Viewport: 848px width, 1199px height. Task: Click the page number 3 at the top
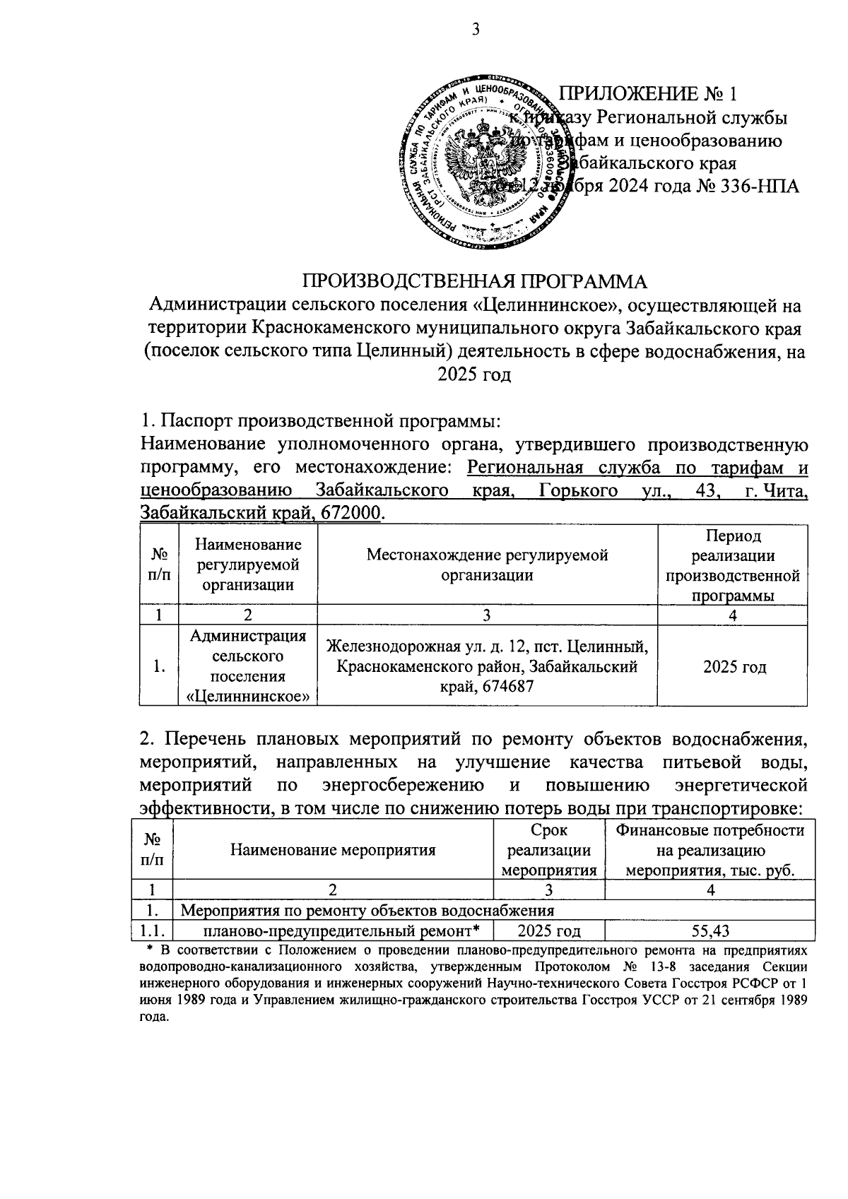click(475, 29)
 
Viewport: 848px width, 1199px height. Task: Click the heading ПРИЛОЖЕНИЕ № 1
click(648, 93)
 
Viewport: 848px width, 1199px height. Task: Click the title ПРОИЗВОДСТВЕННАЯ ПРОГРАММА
click(475, 281)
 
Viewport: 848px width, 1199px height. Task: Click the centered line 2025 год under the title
click(474, 374)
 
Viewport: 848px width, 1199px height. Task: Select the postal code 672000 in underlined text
click(353, 512)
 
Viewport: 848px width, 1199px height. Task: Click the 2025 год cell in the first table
click(734, 666)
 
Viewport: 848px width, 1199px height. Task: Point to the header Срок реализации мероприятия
click(548, 850)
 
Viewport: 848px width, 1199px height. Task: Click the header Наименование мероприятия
click(333, 850)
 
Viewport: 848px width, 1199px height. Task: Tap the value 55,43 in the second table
click(710, 931)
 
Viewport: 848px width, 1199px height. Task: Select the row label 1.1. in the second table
click(155, 931)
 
